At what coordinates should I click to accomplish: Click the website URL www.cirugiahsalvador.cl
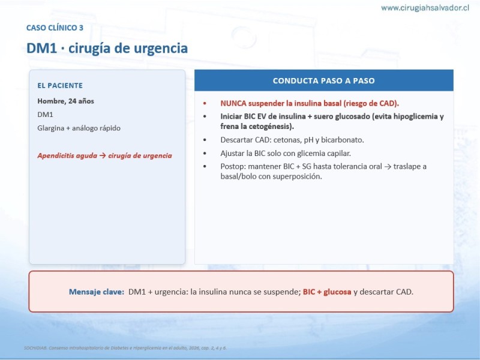coord(425,8)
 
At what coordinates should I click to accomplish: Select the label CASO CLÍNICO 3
coord(55,28)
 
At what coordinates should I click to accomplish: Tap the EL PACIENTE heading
coord(60,85)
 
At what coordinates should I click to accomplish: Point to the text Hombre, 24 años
coord(65,101)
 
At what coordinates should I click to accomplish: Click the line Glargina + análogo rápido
coord(79,128)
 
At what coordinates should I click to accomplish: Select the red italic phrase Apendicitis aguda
coord(67,155)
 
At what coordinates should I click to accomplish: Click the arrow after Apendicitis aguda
coord(103,155)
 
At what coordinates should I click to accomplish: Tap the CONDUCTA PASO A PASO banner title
coord(323,80)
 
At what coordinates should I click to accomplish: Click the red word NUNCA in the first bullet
coord(233,103)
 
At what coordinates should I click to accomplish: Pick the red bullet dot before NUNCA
coord(205,103)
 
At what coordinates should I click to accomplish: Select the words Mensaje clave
coord(97,292)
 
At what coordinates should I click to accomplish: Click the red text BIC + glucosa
coord(327,292)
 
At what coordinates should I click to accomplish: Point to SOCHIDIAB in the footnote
coord(35,348)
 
